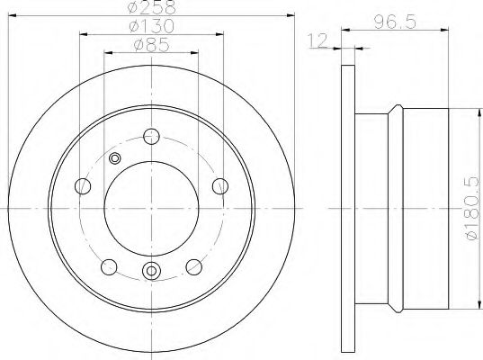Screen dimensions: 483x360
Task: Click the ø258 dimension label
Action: pos(152,7)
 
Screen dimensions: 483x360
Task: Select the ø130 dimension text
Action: pos(151,26)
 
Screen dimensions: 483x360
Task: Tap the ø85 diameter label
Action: pos(152,45)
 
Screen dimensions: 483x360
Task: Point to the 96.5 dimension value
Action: pos(395,22)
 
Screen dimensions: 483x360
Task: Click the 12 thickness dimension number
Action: pos(318,41)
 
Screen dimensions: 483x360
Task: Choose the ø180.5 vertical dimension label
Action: pos(473,208)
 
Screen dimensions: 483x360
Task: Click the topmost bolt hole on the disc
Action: pos(151,137)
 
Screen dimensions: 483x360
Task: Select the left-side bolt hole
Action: pos(83,186)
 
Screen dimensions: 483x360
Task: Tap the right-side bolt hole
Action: pos(220,186)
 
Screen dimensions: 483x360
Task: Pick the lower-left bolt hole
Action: pos(109,267)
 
